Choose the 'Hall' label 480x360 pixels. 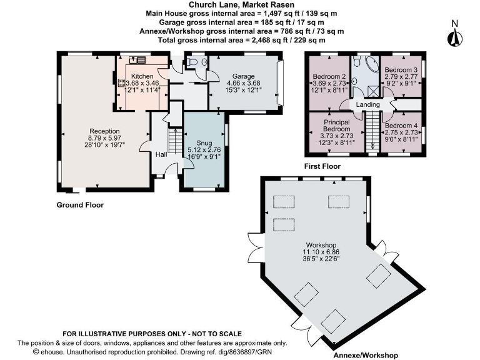pos(161,154)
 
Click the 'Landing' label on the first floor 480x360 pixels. pos(368,104)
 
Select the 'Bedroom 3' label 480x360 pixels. pos(401,69)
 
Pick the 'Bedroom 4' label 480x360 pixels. pos(401,126)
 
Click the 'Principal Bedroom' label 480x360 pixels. pos(336,126)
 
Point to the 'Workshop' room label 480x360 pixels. pos(321,244)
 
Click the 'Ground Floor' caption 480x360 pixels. pos(80,205)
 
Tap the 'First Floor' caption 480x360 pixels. pos(322,167)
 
